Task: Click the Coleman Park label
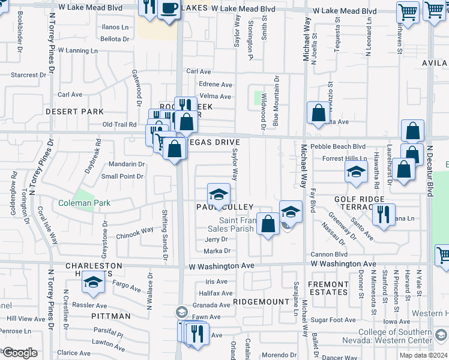[84, 203]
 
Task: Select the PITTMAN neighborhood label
[111, 316]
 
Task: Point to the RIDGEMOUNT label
[257, 302]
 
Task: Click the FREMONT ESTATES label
[328, 288]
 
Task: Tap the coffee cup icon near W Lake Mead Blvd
[170, 8]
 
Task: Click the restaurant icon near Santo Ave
[384, 214]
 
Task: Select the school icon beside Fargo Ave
[93, 283]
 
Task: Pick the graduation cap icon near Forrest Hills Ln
[356, 172]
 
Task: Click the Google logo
[19, 353]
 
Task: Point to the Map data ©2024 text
[415, 355]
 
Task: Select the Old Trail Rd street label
[120, 125]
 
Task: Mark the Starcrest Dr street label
[33, 76]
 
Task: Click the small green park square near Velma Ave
[259, 97]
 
